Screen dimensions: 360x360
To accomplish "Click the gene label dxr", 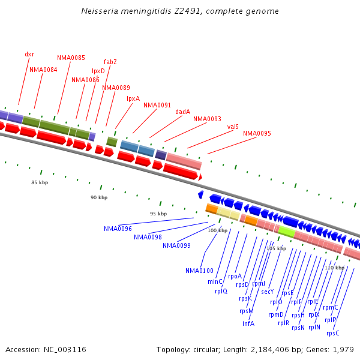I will coord(29,54).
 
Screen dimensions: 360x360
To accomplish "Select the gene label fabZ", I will coord(110,62).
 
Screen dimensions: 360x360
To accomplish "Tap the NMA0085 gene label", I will coord(71,58).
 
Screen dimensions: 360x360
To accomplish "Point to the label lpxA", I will coord(133,98).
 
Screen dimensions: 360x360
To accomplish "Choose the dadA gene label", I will coord(183,112).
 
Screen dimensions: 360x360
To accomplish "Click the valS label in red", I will coord(233,127).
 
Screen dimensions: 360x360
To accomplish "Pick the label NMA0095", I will coord(257,133).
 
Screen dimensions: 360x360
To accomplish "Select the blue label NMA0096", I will coord(118,229).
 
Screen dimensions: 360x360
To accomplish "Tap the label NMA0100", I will coord(199,271).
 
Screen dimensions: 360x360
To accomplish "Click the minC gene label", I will coord(215,281).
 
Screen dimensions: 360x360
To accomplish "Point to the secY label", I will coord(268,292).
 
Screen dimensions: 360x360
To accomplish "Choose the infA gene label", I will coord(248,323).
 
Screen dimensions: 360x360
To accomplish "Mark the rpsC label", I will coord(333,333).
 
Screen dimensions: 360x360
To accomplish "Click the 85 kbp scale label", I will coord(40,182).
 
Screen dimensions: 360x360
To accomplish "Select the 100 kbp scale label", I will coord(218,230).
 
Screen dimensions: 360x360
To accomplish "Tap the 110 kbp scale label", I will coord(335,268).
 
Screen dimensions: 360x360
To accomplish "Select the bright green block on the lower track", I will coord(286,231).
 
